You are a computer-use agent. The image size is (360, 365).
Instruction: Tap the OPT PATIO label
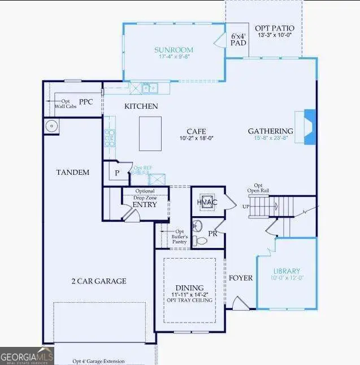click(x=275, y=28)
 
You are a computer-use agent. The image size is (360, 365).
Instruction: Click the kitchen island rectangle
click(x=150, y=134)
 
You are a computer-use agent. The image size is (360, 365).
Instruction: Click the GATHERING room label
click(x=270, y=131)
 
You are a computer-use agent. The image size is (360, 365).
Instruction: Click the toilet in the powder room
click(x=199, y=241)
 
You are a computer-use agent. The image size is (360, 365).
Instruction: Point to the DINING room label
click(x=189, y=287)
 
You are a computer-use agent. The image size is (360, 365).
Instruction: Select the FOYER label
click(x=240, y=278)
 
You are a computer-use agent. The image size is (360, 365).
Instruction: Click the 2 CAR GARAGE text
click(x=98, y=281)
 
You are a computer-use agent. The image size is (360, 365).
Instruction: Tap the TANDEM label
click(x=72, y=172)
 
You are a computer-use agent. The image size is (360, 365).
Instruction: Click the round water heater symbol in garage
click(x=51, y=126)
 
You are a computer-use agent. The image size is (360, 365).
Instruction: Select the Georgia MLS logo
click(x=27, y=357)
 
